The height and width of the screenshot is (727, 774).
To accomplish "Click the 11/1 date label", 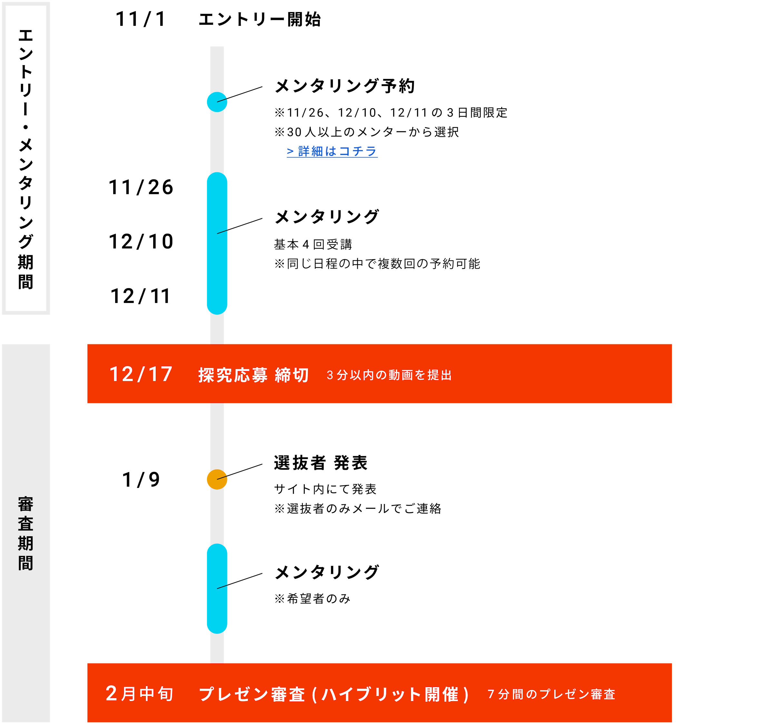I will pyautogui.click(x=141, y=19).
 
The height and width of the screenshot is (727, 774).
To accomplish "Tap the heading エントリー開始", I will pyautogui.click(x=259, y=19).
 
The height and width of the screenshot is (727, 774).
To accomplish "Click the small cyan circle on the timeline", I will pyautogui.click(x=217, y=102).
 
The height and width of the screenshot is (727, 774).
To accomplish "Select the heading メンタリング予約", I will pyautogui.click(x=344, y=86).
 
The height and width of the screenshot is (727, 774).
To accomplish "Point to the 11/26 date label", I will pyautogui.click(x=141, y=187).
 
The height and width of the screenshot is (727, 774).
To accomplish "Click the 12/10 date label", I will pyautogui.click(x=141, y=242).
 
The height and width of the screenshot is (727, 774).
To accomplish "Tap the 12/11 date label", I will pyautogui.click(x=141, y=296).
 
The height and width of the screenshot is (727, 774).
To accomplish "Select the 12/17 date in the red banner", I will pyautogui.click(x=141, y=374).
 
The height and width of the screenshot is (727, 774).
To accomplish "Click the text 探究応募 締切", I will pyautogui.click(x=253, y=375).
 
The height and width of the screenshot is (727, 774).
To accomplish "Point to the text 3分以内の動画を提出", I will pyautogui.click(x=389, y=375).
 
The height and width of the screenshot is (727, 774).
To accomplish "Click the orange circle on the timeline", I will pyautogui.click(x=217, y=479).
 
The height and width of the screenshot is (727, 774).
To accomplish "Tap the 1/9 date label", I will pyautogui.click(x=141, y=480).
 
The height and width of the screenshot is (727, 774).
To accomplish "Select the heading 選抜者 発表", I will pyautogui.click(x=321, y=463).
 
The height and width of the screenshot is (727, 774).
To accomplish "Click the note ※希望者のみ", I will pyautogui.click(x=312, y=599).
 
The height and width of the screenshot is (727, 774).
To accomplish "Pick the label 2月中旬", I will pyautogui.click(x=139, y=694).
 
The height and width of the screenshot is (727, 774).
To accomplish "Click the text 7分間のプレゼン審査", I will pyautogui.click(x=551, y=694).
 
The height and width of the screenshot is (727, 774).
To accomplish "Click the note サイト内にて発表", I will pyautogui.click(x=325, y=489).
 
